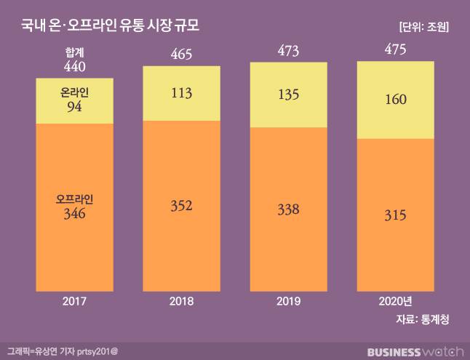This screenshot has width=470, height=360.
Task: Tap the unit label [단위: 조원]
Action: tap(424, 27)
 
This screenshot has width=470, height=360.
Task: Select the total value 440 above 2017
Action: tap(75, 65)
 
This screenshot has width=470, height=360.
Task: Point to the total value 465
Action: tap(181, 54)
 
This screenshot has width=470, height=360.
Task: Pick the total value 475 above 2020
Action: tap(395, 50)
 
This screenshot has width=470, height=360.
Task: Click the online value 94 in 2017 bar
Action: tap(75, 106)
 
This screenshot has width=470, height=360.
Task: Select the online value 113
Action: tap(181, 93)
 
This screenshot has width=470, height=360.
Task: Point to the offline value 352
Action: tap(181, 206)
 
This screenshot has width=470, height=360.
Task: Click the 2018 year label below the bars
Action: tap(181, 300)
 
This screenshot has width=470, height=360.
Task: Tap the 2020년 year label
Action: tap(395, 300)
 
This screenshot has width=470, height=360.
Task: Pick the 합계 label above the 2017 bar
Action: tap(75, 52)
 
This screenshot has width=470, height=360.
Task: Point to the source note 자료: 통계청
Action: tap(422, 319)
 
